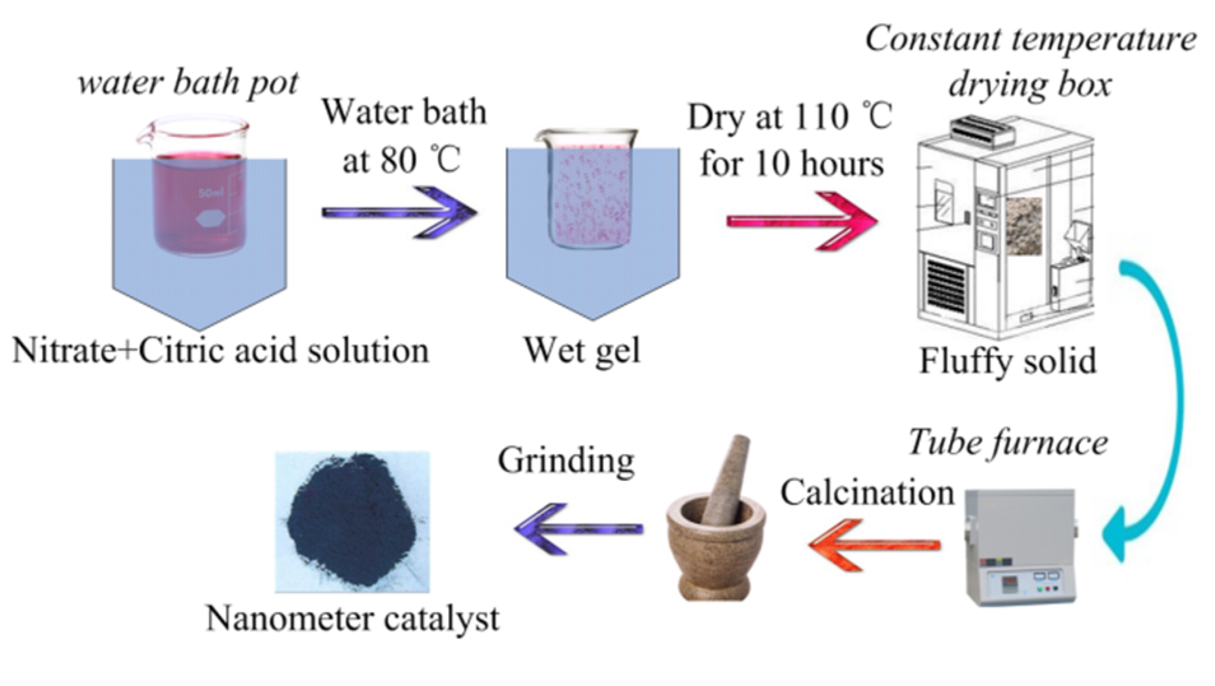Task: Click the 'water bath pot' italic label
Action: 188,83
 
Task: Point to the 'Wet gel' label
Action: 582,350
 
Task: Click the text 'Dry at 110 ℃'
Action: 789,117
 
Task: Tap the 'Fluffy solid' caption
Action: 1008,361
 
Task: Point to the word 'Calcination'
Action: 867,492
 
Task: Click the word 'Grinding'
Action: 566,460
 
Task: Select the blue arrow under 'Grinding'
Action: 578,529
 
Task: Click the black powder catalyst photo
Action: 352,522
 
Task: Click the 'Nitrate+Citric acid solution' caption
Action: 221,351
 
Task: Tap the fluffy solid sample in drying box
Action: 1023,226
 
